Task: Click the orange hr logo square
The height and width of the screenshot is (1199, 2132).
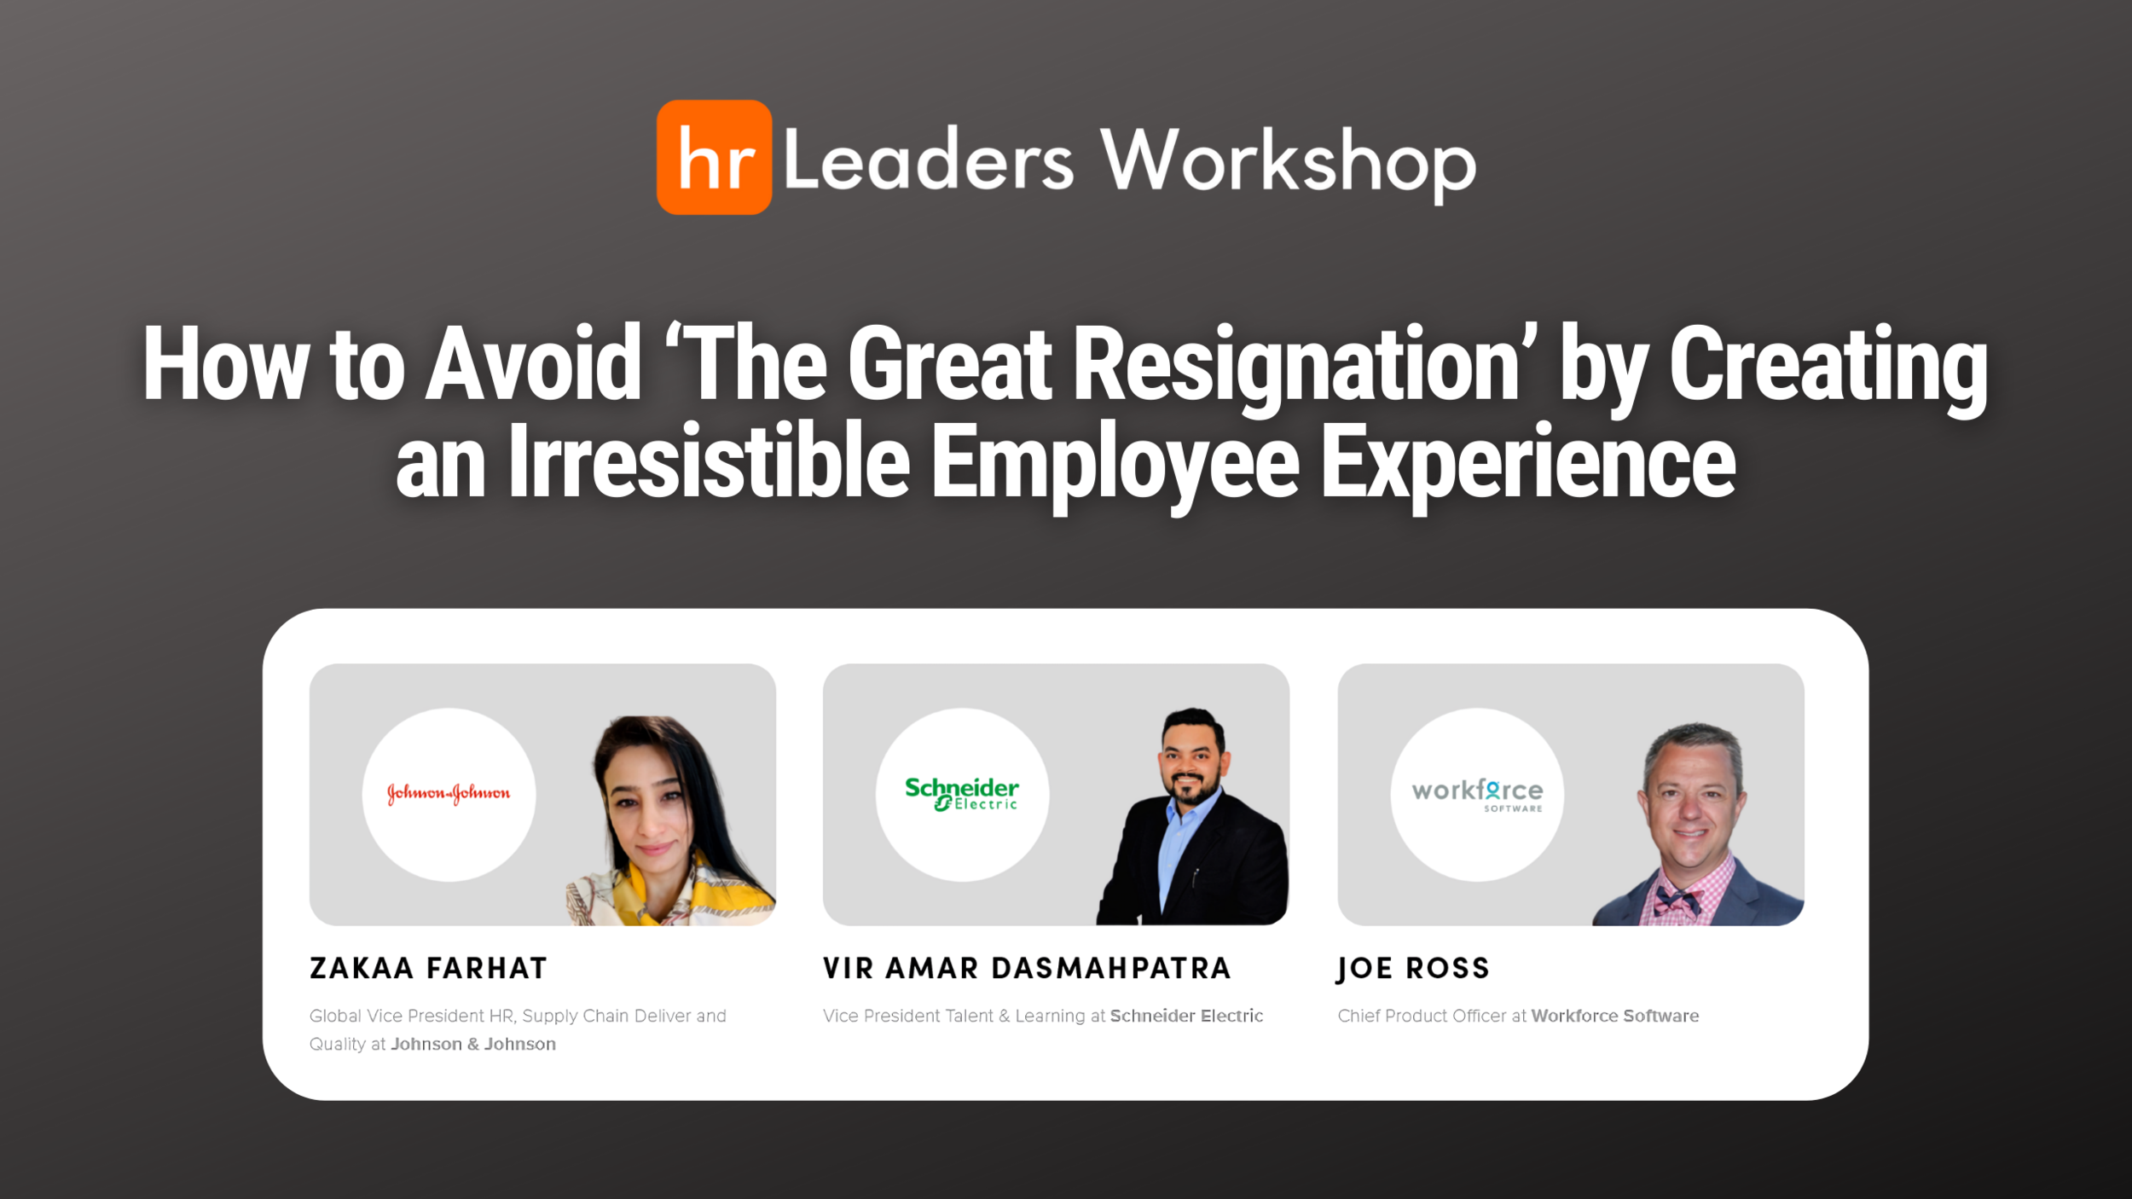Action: pyautogui.click(x=714, y=157)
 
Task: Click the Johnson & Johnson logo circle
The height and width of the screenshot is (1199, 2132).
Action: pyautogui.click(x=449, y=794)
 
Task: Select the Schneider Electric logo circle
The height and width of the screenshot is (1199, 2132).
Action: pyautogui.click(x=962, y=794)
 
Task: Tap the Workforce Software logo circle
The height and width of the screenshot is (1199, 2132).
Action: pyautogui.click(x=1477, y=794)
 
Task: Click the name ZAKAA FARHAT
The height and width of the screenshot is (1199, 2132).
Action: pyautogui.click(x=428, y=969)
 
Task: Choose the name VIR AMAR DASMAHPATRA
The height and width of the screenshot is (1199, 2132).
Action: pyautogui.click(x=1027, y=969)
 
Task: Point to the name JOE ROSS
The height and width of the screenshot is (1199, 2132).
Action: pyautogui.click(x=1413, y=969)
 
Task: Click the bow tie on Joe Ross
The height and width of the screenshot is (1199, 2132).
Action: pyautogui.click(x=1677, y=901)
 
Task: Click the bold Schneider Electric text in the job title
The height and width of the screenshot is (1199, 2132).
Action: pyautogui.click(x=1186, y=1016)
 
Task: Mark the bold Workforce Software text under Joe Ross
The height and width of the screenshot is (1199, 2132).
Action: pyautogui.click(x=1614, y=1016)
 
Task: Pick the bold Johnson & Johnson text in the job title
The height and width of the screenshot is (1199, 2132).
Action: pyautogui.click(x=473, y=1044)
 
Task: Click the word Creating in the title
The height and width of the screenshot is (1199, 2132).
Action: pyautogui.click(x=1828, y=364)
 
